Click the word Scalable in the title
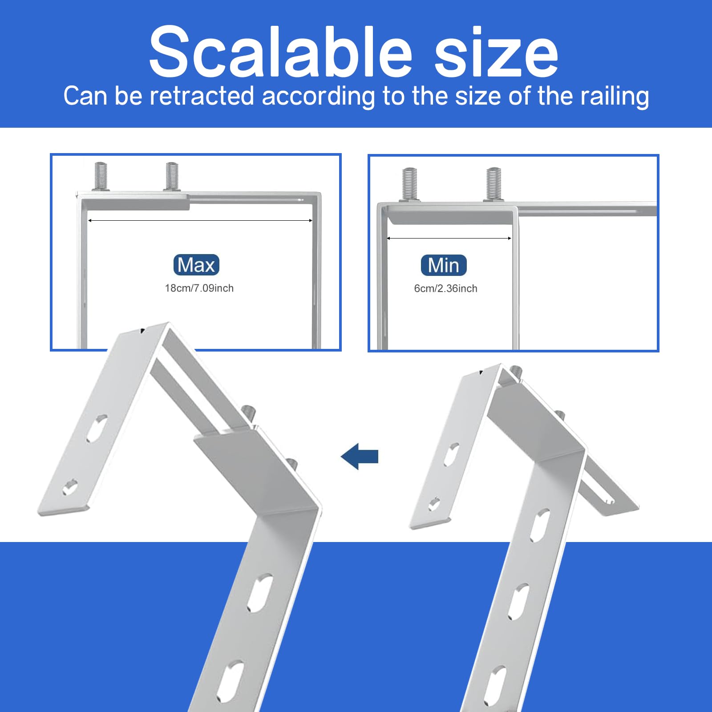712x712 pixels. pos(280,53)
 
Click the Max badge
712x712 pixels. pos(196,265)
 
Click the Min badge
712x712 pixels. pos(444,266)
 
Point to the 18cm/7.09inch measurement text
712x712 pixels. pos(199,288)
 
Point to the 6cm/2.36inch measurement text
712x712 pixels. pos(445,289)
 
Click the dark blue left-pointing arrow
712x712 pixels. pos(360,457)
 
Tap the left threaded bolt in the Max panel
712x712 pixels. pos(101,176)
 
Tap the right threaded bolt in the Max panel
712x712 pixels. pos(172,176)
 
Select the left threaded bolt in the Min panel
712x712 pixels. pos(409,183)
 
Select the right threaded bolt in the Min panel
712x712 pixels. pos(494,183)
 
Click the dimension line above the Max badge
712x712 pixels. pos(200,220)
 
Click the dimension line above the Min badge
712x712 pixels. pos(449,239)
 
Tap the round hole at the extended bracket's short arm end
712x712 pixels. pos(70,488)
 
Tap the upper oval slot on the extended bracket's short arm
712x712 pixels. pos(97,428)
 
